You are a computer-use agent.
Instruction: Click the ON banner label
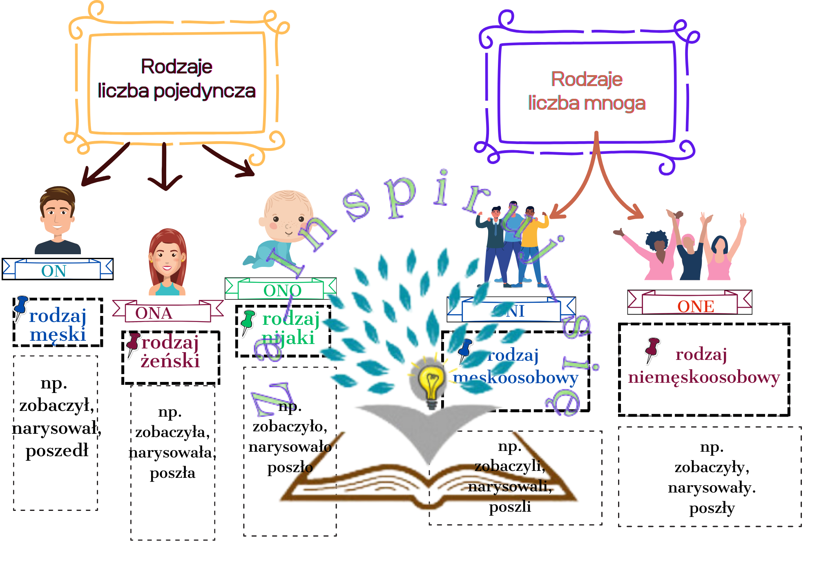pos(54,271)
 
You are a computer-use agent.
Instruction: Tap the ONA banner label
pos(154,313)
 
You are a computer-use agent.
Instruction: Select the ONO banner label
pos(282,291)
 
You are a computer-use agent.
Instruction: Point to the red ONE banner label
pos(695,306)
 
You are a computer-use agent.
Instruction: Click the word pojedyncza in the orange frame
pos(204,91)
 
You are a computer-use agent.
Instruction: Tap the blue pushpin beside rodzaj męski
pos(20,308)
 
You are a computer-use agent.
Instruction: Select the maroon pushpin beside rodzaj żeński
pos(133,344)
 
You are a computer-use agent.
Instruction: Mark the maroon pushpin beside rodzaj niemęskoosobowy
pos(652,349)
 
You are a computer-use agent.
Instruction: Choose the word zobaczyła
pos(172,432)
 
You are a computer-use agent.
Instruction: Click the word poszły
pos(712,508)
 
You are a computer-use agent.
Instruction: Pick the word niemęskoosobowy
pos(703,377)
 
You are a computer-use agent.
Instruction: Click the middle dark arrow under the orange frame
pos(165,167)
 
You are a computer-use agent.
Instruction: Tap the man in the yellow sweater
pos(531,237)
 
